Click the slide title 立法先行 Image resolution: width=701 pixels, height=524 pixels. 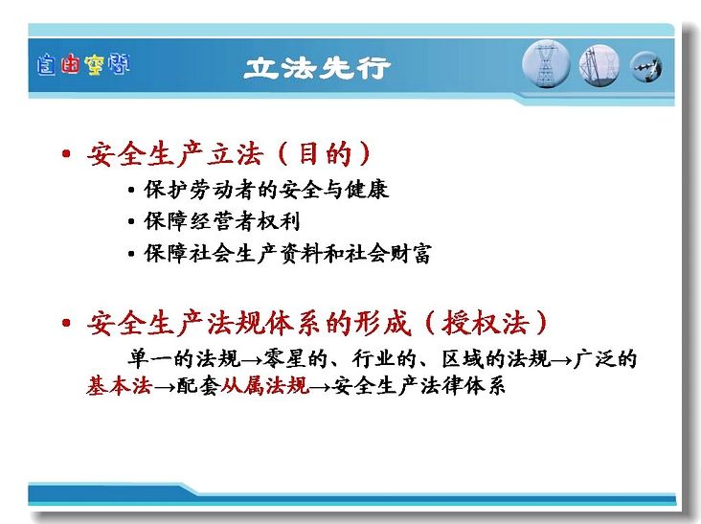[317, 68]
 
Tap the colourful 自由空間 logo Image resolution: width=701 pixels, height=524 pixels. [83, 64]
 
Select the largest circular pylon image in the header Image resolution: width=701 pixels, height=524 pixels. [546, 64]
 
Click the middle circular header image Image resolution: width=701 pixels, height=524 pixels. [599, 65]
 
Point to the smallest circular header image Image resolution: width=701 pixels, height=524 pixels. [645, 67]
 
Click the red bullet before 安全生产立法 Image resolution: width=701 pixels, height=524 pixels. [67, 154]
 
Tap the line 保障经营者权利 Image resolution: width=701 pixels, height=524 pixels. [222, 221]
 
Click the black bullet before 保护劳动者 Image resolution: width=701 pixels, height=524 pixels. [131, 190]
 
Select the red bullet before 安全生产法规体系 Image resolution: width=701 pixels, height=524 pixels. [67, 323]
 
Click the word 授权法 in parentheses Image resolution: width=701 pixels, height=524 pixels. [486, 323]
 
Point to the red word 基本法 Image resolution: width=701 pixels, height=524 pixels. [120, 385]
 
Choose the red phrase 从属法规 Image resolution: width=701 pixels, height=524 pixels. [265, 385]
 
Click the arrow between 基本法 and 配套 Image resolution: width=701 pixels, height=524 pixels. [164, 387]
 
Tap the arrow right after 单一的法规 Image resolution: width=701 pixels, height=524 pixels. [251, 360]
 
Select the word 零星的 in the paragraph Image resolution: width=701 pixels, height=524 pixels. [296, 358]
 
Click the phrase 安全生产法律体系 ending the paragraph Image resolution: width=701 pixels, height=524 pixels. [418, 385]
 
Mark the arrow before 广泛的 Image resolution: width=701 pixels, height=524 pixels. [561, 360]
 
